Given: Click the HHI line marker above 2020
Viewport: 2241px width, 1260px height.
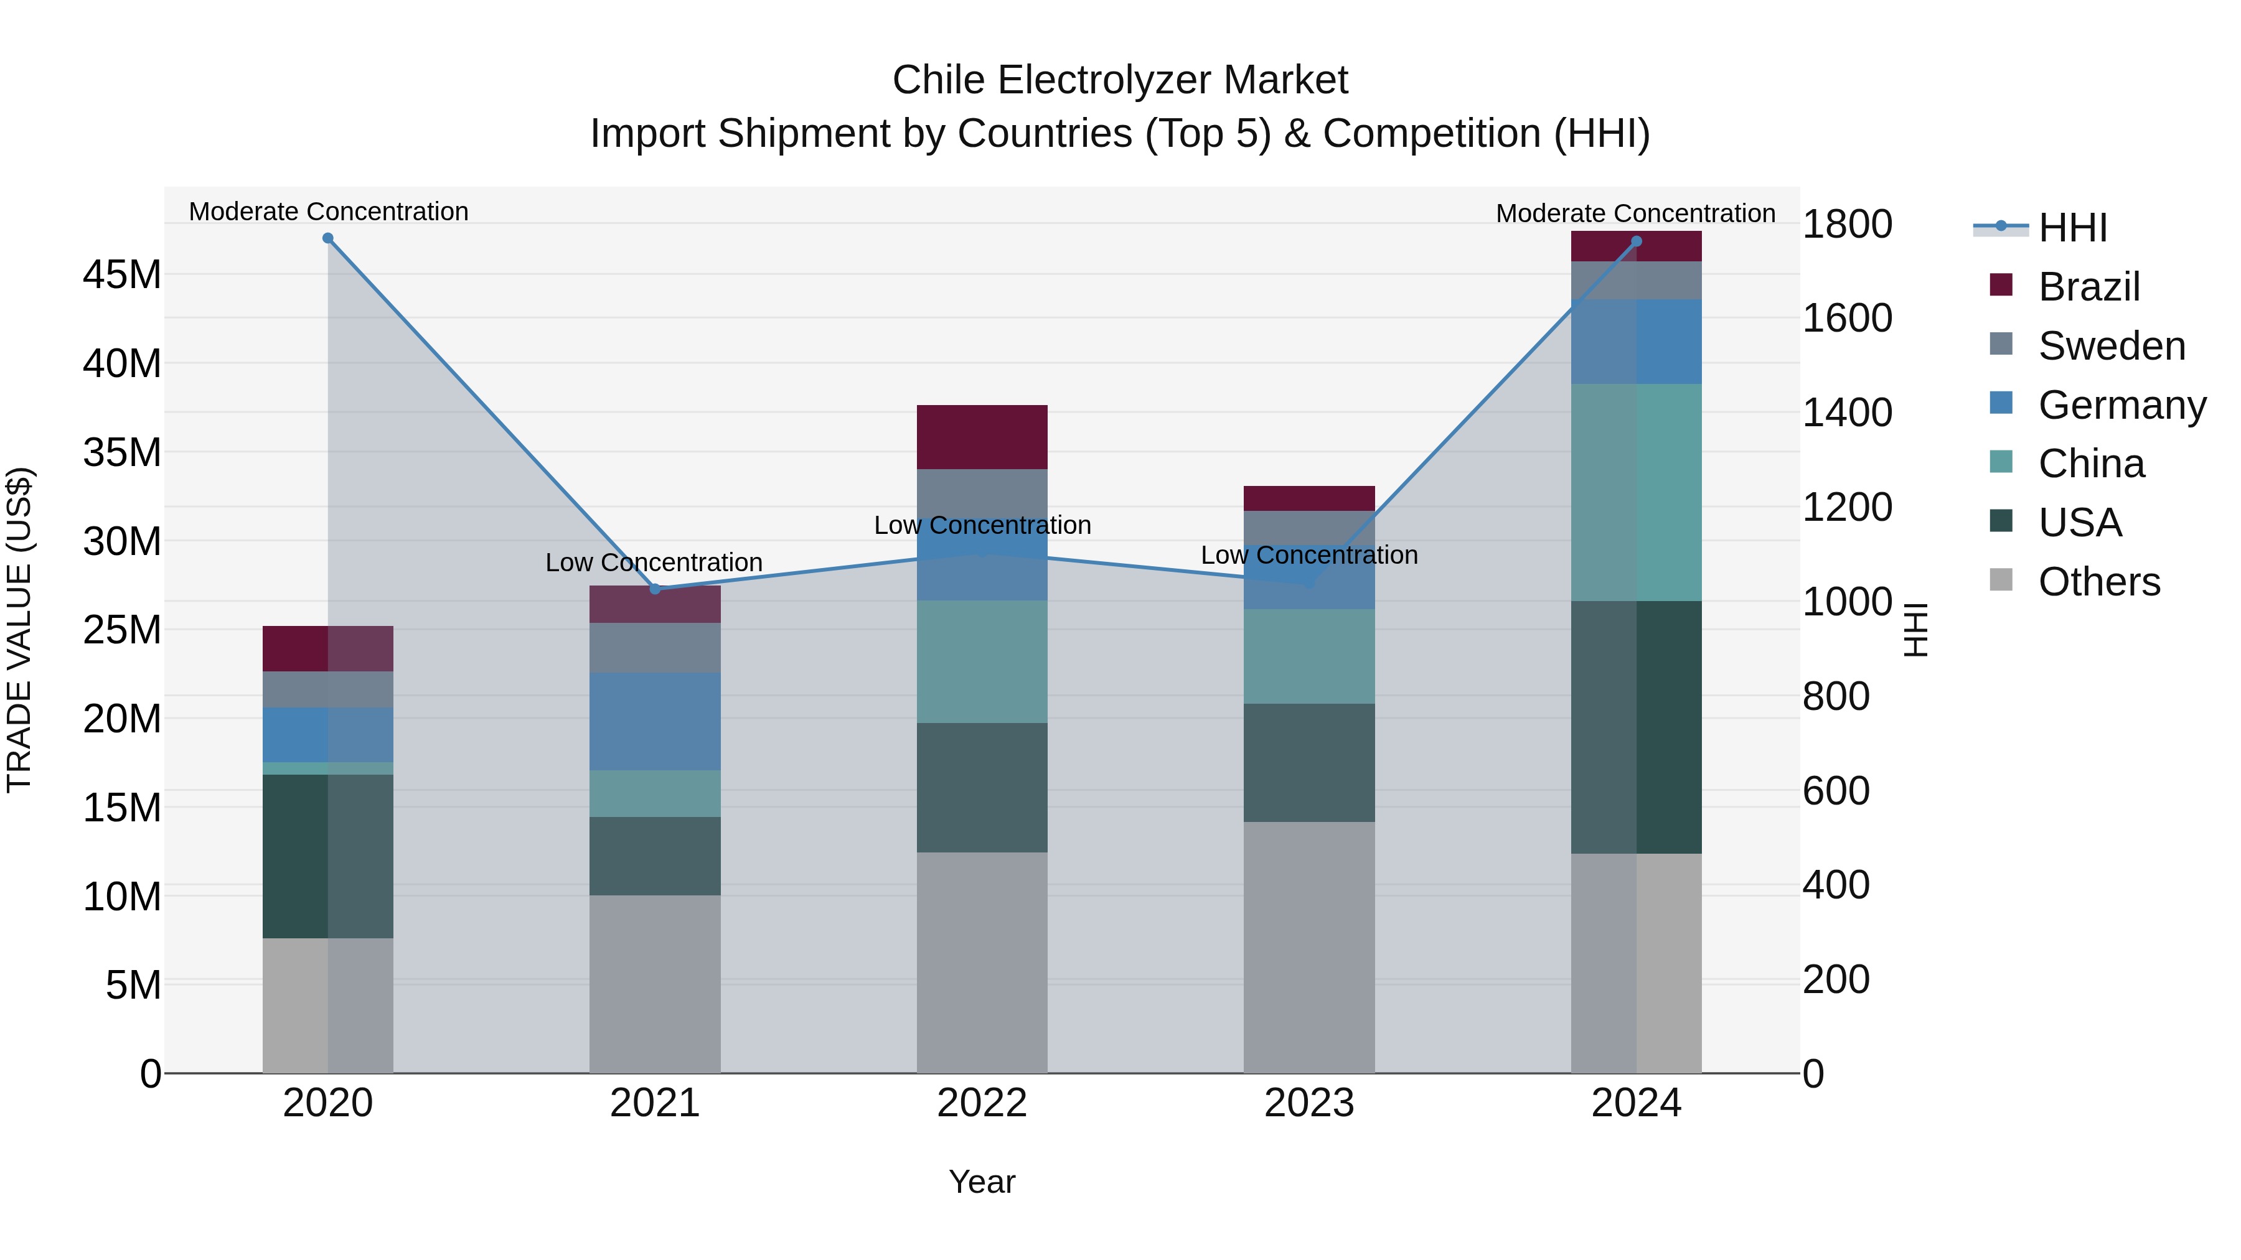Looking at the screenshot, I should (328, 238).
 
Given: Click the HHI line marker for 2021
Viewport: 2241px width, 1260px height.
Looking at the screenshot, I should (655, 589).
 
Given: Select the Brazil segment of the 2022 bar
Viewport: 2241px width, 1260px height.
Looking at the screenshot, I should (982, 437).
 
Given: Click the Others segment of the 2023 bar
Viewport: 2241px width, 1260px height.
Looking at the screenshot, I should (1309, 947).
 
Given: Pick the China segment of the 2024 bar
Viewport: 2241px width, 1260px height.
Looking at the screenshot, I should (1637, 492).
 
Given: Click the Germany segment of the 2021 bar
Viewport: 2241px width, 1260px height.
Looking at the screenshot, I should (655, 721).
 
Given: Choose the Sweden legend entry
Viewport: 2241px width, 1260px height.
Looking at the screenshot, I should (2112, 346).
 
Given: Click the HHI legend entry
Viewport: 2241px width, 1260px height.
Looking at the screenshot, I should (2072, 228).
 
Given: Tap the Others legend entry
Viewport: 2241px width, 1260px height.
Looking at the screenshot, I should (2098, 582).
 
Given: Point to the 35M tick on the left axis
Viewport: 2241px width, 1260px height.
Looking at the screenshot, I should (122, 452).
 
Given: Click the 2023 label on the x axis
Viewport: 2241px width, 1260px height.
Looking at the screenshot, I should (1309, 1103).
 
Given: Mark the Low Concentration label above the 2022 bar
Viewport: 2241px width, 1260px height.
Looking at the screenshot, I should (982, 525).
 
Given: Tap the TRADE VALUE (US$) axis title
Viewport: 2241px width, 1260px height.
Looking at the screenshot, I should (19, 630).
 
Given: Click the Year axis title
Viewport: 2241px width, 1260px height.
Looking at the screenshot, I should (982, 1182).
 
